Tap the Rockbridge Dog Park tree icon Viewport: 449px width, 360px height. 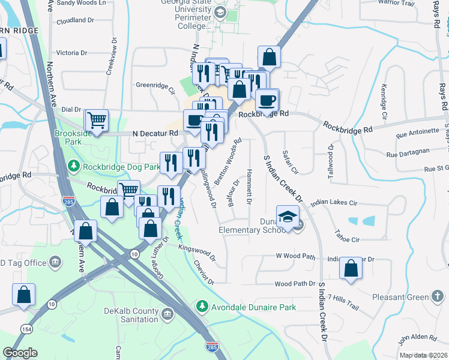click(73, 164)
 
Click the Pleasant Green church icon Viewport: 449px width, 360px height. click(438, 296)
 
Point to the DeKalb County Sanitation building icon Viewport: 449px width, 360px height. click(166, 313)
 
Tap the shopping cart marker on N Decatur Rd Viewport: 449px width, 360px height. click(96, 120)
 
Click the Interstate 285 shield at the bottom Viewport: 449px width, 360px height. click(211, 347)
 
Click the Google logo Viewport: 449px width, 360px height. click(20, 352)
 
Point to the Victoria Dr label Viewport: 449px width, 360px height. click(71, 53)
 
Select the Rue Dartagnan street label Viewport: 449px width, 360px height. click(408, 154)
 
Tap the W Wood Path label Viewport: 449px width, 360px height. click(295, 256)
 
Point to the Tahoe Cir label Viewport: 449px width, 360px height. click(346, 239)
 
